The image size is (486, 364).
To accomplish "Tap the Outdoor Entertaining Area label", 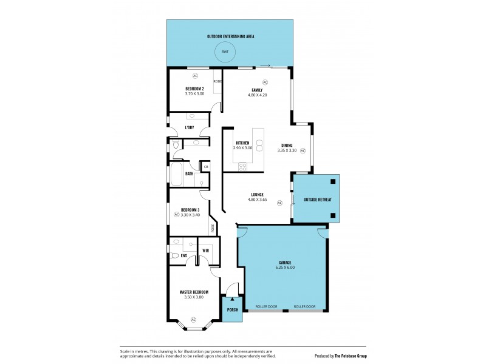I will point(230,36).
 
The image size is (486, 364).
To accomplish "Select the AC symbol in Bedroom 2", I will point(195,76).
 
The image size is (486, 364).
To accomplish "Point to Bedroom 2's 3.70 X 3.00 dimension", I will point(194,94).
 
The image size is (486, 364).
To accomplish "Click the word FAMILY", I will point(257,90).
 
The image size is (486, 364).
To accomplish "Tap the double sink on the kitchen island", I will point(259,146).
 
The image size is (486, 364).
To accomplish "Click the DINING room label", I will point(287,145).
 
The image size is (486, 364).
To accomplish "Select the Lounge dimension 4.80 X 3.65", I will point(257,199).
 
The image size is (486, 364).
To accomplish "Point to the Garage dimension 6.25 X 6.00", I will point(285,267).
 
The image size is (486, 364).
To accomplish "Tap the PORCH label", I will point(233,310).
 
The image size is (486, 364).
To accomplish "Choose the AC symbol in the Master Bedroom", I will point(194,319).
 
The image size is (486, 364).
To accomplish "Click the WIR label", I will point(205,250).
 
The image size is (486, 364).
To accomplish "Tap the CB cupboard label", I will point(206,166).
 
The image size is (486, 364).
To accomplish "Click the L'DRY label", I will point(190,127).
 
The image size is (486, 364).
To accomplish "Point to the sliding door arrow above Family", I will point(265,64).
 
